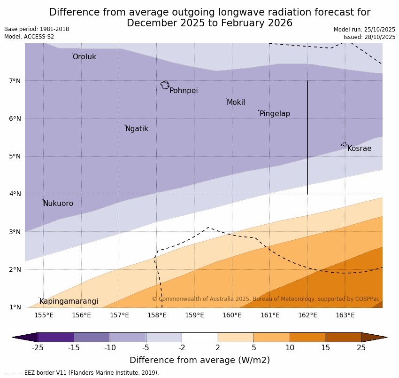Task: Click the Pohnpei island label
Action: pyautogui.click(x=184, y=91)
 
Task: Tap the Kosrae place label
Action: pyautogui.click(x=359, y=149)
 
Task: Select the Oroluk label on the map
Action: pyautogui.click(x=84, y=57)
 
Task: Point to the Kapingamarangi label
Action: pyautogui.click(x=69, y=301)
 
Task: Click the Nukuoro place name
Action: pyautogui.click(x=58, y=204)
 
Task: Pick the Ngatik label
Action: pyautogui.click(x=137, y=129)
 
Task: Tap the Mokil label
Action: pyautogui.click(x=236, y=102)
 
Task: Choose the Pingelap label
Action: pyautogui.click(x=275, y=114)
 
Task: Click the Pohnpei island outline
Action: pyautogui.click(x=165, y=85)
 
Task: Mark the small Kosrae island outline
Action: pyautogui.click(x=344, y=144)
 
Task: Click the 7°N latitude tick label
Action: pyautogui.click(x=15, y=81)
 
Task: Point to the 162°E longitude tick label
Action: pyautogui.click(x=307, y=315)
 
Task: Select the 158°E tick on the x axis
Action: pyautogui.click(x=157, y=315)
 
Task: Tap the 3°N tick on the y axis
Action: pyautogui.click(x=15, y=232)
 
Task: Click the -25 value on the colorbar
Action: pyautogui.click(x=38, y=348)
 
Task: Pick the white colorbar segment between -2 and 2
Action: pyautogui.click(x=199, y=337)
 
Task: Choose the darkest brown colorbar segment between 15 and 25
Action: pyautogui.click(x=343, y=337)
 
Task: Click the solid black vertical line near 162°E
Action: pyautogui.click(x=307, y=136)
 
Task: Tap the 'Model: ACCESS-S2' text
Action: pyautogui.click(x=29, y=37)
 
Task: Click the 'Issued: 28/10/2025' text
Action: pyautogui.click(x=369, y=37)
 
